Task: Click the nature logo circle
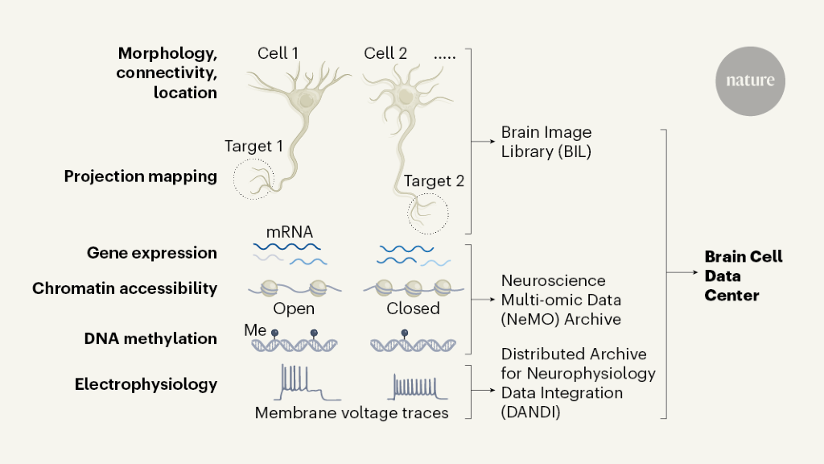(750, 81)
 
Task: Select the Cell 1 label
(278, 54)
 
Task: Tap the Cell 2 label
(385, 54)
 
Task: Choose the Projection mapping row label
(141, 176)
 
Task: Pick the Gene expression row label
(152, 253)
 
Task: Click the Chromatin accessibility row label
(125, 288)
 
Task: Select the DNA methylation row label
(150, 339)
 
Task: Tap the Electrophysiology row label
(146, 384)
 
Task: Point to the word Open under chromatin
(294, 309)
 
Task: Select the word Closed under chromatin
(414, 309)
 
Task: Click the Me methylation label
(254, 330)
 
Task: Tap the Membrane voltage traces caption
(352, 413)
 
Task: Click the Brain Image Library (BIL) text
(546, 142)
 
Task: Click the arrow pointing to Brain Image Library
(484, 142)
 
